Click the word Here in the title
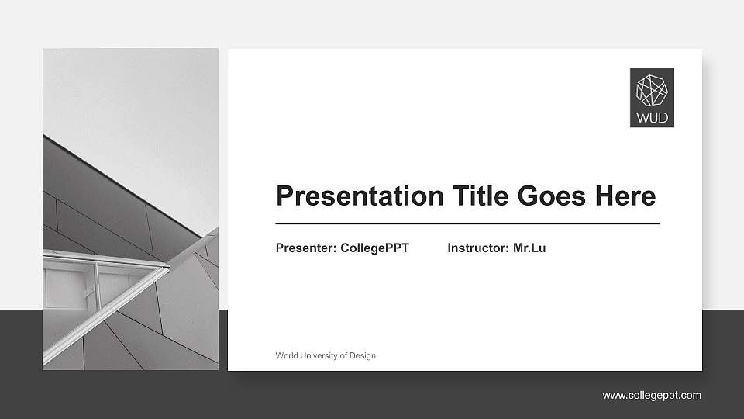625,196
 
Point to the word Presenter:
306,248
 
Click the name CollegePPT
374,248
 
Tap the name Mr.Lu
529,248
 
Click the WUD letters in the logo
652,119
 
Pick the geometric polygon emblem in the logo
652,90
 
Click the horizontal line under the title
467,223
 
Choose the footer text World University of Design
325,355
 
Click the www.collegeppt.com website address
652,396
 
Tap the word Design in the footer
362,355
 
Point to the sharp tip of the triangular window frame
168,268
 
